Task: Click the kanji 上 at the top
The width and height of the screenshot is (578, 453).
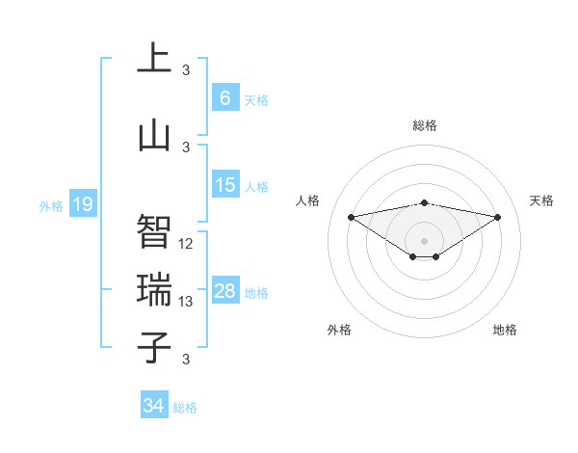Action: [x=154, y=59]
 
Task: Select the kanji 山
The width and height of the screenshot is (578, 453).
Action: [x=154, y=136]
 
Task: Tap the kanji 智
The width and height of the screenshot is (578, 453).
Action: [x=154, y=230]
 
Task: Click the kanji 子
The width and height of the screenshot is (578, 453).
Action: [x=154, y=348]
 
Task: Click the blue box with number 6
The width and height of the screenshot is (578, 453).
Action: [x=224, y=97]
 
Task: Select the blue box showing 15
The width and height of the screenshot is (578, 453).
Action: [x=224, y=185]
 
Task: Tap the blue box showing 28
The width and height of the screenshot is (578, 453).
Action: [x=224, y=291]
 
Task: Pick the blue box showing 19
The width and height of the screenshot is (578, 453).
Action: [x=82, y=204]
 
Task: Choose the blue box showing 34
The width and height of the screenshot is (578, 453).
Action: [x=154, y=406]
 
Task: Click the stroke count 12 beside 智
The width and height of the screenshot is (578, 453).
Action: [x=187, y=244]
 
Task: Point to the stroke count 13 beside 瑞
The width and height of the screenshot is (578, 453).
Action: [x=187, y=302]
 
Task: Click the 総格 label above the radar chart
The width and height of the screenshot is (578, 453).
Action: [x=425, y=125]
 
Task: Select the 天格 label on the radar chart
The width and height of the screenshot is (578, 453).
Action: [x=542, y=200]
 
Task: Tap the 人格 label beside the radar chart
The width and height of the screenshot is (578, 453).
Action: [x=308, y=200]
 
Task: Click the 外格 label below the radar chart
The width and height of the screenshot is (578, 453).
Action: [x=339, y=330]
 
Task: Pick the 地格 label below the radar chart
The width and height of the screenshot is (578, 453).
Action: [x=505, y=330]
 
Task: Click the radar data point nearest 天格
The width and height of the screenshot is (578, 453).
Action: [x=498, y=217]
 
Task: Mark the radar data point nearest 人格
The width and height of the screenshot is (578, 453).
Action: [x=351, y=216]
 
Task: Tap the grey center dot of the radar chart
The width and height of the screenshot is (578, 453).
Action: [x=424, y=240]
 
